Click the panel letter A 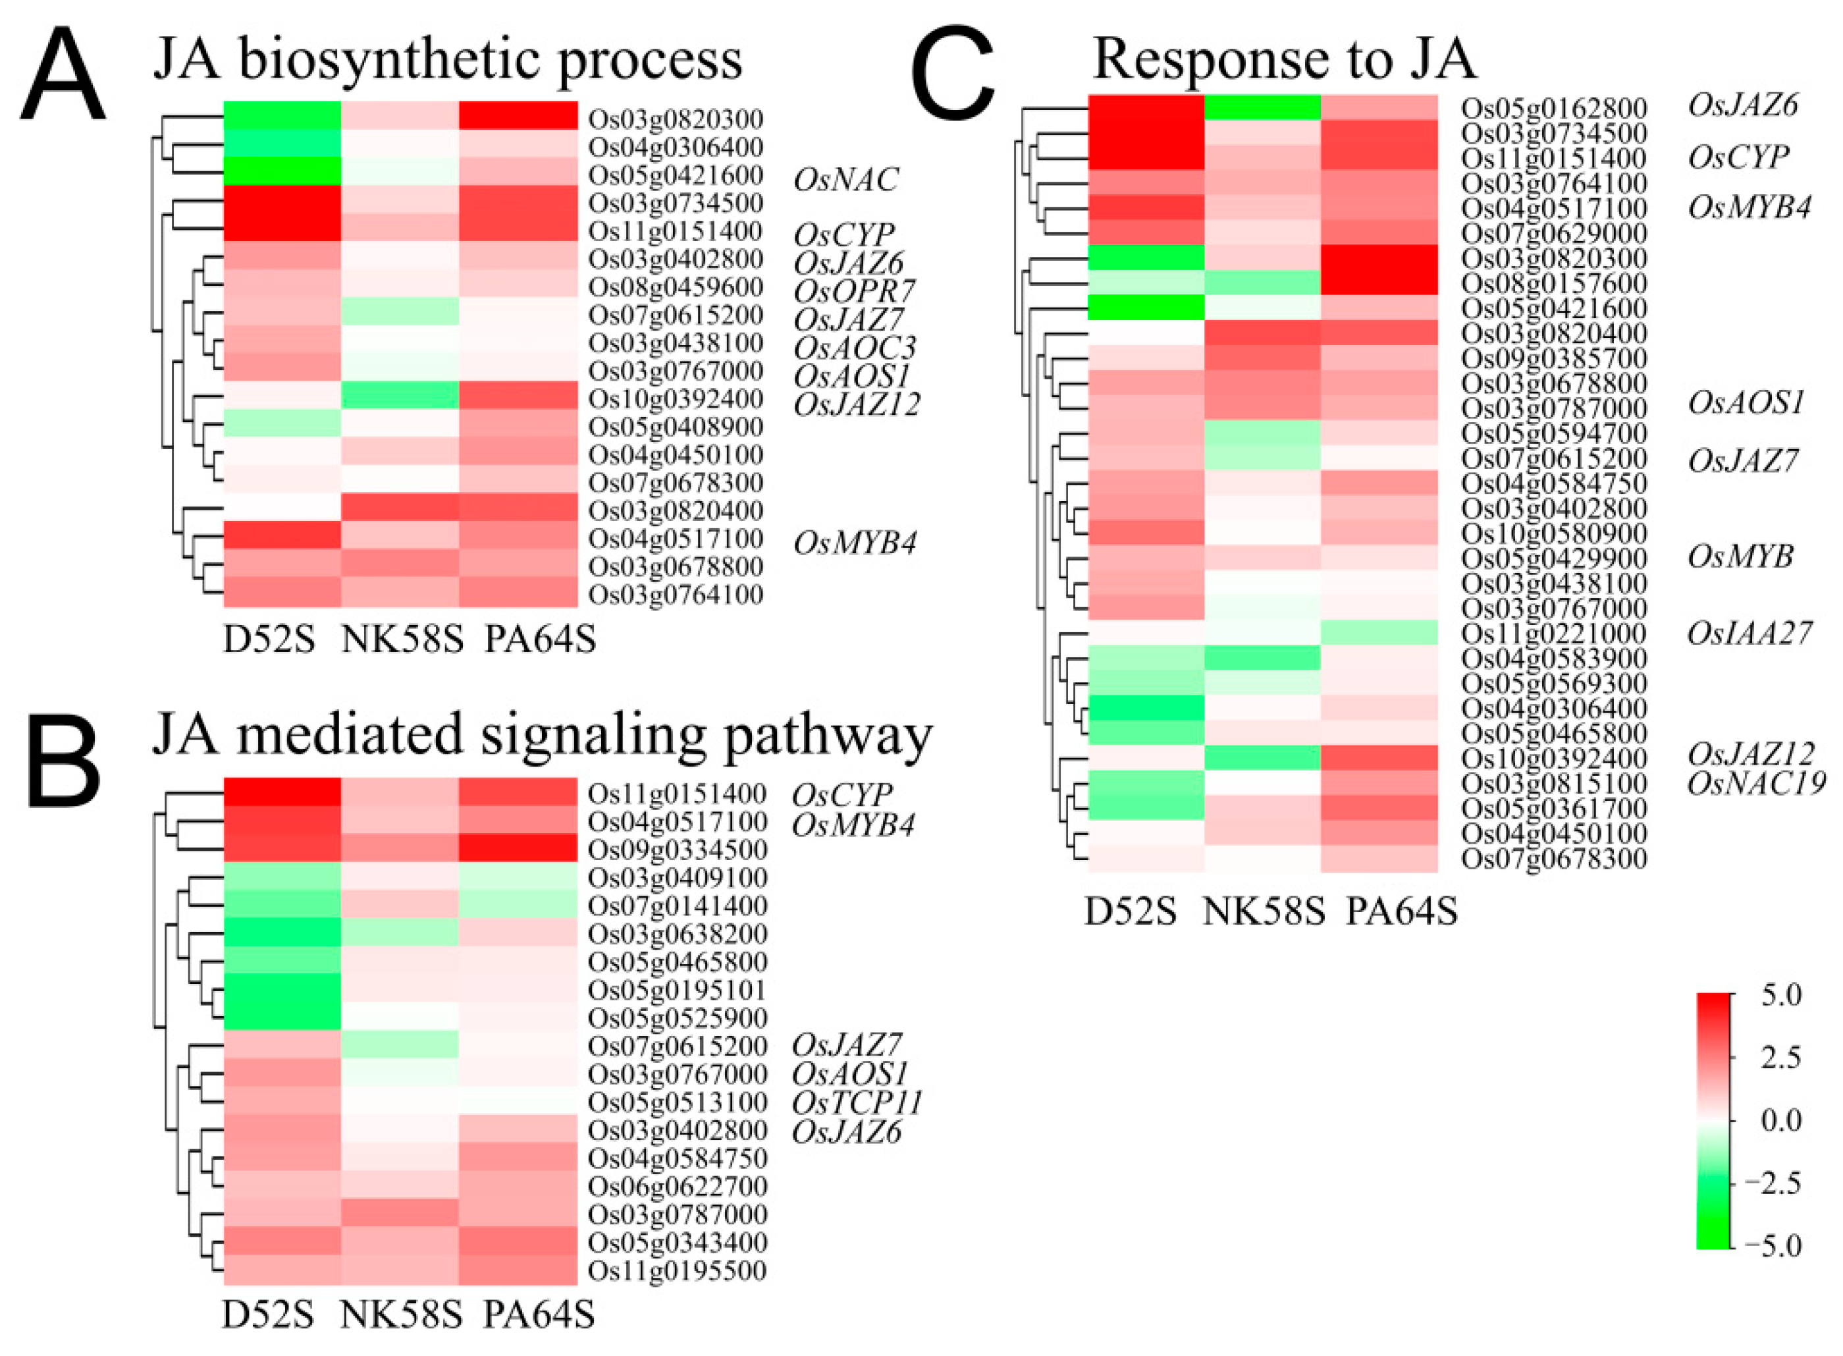point(63,76)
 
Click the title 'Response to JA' point(1284,59)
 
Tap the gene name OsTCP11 point(857,1102)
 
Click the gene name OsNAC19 point(1756,784)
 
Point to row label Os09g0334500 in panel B point(677,850)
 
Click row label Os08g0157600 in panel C point(1553,284)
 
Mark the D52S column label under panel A point(269,640)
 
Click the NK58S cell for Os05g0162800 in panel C point(1262,107)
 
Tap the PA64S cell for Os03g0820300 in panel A point(518,115)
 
